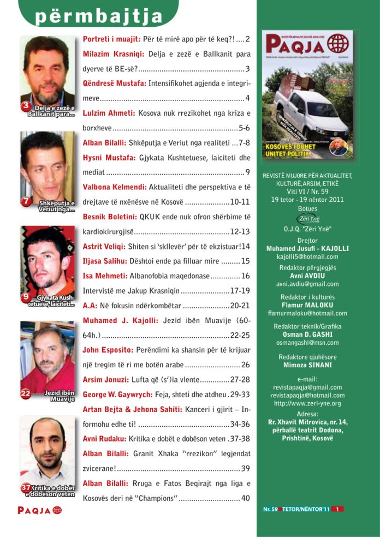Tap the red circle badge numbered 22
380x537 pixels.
[x=26, y=392]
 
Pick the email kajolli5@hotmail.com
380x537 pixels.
[x=307, y=256]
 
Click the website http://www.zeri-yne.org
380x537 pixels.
[x=307, y=403]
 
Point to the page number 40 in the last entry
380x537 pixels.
[x=245, y=498]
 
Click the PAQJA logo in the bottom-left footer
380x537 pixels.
[x=39, y=510]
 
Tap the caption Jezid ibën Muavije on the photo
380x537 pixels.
[x=59, y=396]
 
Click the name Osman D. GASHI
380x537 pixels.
[x=307, y=334]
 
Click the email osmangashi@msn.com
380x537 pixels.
[x=307, y=342]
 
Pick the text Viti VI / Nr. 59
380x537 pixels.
[x=307, y=192]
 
